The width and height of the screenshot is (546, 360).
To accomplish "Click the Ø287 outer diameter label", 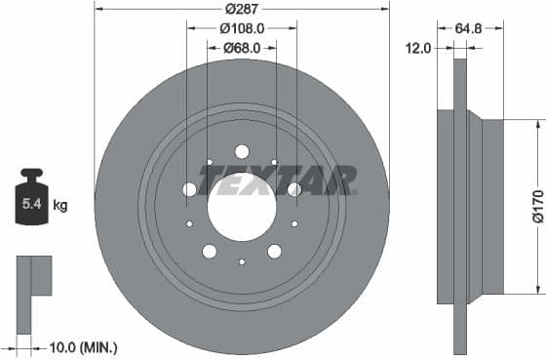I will pos(242,8).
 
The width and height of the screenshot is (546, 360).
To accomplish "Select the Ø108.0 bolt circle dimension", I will pos(242,28).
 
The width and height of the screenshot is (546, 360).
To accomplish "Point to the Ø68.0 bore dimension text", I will pos(242,48).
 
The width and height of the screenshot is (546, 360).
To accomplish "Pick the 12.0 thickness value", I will pos(418,48).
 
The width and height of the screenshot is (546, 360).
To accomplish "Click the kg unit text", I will pos(59,206).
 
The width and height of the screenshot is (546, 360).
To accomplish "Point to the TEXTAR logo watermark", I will pos(277,180).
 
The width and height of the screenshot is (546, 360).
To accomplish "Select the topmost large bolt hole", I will pos(242,151).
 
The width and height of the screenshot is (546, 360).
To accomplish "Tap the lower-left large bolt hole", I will pos(209,252).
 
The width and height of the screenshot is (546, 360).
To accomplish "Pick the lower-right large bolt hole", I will pos(275,252).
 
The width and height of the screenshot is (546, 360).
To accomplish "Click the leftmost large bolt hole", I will pos(189,189).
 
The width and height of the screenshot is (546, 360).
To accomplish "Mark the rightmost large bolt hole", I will pos(294,189).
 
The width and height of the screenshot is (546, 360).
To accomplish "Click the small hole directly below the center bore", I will pos(242,261).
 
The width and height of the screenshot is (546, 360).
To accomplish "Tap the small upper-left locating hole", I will pos(210,162).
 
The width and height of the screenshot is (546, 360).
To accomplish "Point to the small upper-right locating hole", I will pos(274,162).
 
